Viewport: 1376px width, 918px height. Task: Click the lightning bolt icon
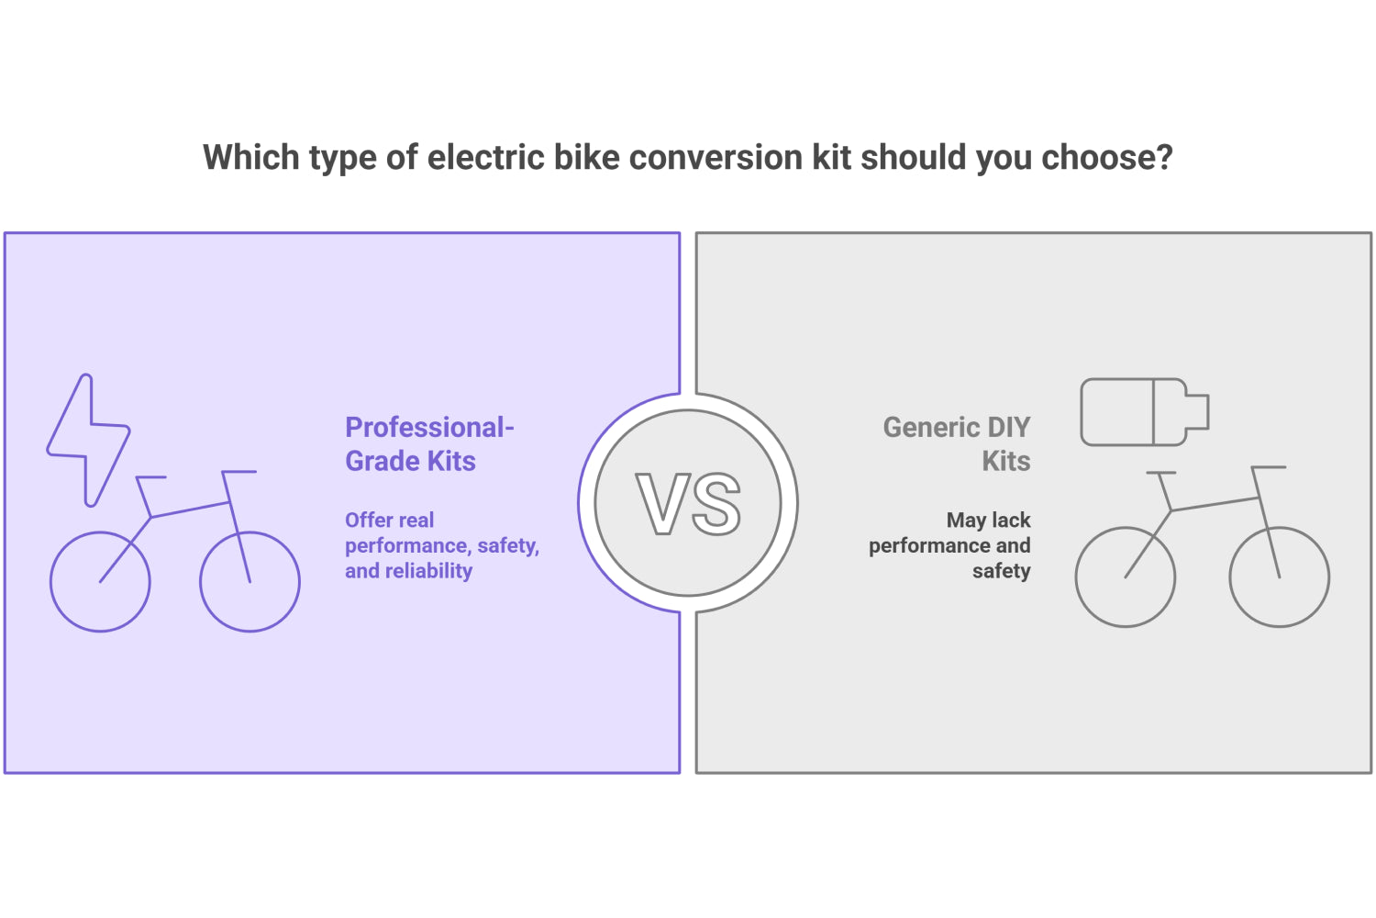(88, 441)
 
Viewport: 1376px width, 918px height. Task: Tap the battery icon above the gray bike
(1144, 412)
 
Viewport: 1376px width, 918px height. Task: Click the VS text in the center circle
(688, 504)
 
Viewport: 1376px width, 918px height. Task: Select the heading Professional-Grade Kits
(428, 444)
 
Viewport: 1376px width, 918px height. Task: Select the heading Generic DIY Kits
(957, 444)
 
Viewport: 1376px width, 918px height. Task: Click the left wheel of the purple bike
(100, 581)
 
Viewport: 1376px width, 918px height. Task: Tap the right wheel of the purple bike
(250, 581)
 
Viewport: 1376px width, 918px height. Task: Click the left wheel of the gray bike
(1125, 577)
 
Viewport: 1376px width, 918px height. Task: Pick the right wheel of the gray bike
(1279, 577)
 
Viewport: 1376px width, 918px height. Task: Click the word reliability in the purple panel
(428, 571)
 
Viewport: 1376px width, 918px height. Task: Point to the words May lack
(988, 521)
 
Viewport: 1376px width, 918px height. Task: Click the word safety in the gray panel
(1001, 571)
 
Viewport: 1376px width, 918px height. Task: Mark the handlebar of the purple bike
(239, 472)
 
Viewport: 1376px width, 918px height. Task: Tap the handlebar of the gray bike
(1269, 467)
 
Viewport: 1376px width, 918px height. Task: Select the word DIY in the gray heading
(1008, 428)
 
